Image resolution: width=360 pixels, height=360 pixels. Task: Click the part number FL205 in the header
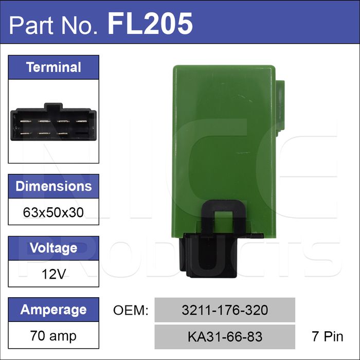coord(150,24)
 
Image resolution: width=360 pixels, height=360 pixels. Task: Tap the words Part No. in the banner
coord(53,25)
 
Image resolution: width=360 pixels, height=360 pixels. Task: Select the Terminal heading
coord(53,67)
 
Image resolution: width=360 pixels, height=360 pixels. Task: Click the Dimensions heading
coord(53,186)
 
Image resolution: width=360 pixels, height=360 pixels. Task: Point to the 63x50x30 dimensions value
coord(53,212)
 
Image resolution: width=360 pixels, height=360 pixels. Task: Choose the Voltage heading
coord(53,248)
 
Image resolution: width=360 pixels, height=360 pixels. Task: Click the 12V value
coord(53,274)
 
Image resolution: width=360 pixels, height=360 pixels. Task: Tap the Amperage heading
coord(53,310)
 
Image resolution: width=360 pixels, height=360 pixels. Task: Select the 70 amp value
coord(53,336)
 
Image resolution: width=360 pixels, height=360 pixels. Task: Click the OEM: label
coord(131,310)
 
